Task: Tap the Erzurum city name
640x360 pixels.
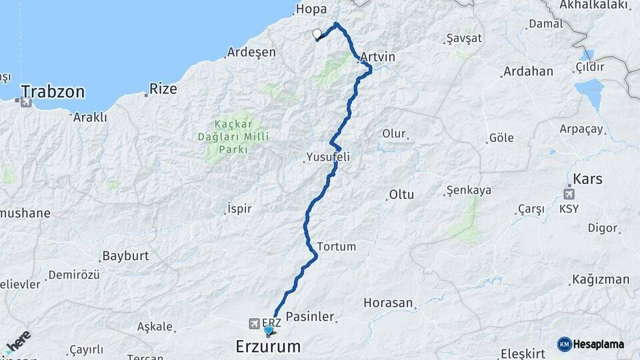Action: click(x=268, y=347)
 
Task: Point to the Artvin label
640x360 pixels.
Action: click(x=377, y=57)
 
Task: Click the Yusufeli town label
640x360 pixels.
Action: click(x=327, y=157)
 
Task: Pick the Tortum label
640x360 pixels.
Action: click(x=337, y=247)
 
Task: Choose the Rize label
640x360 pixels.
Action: click(x=163, y=88)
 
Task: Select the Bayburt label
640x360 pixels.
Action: click(x=125, y=256)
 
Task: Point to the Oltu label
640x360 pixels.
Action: click(x=401, y=195)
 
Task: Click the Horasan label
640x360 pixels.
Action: click(x=388, y=303)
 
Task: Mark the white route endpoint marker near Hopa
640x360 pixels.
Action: click(x=317, y=35)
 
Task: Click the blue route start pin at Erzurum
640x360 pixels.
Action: click(x=269, y=329)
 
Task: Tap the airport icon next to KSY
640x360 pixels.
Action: click(x=569, y=195)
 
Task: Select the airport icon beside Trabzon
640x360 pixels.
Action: click(x=25, y=102)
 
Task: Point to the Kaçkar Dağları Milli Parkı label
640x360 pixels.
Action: click(x=231, y=137)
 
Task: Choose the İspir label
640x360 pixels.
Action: click(x=239, y=209)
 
